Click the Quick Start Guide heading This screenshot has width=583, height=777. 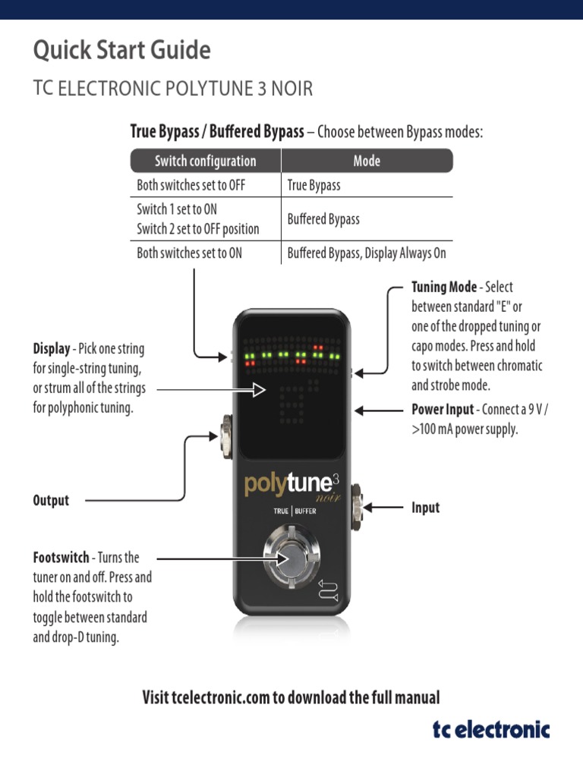tap(121, 51)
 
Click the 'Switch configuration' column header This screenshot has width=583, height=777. tap(205, 161)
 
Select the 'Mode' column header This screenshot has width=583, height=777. tap(367, 161)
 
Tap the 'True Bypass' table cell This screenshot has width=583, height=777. tap(314, 185)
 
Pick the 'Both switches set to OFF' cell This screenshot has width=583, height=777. tap(191, 185)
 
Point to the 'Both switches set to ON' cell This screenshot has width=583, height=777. tap(189, 253)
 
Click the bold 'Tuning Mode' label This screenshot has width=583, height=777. tap(444, 288)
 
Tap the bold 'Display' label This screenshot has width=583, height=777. tap(51, 350)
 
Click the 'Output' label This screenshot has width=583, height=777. tap(51, 500)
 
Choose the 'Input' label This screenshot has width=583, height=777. tap(425, 508)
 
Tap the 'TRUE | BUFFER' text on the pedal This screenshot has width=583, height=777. tap(295, 511)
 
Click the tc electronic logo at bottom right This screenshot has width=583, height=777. tap(491, 730)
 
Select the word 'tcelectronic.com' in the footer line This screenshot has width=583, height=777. tap(219, 697)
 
